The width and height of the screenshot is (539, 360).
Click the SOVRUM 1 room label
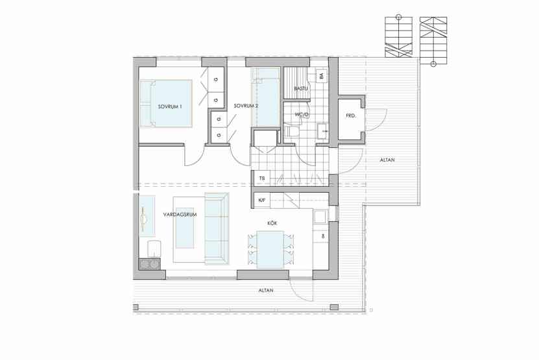click(x=170, y=106)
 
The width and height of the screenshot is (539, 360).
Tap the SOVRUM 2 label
click(x=246, y=106)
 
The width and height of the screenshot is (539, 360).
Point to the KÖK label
click(x=272, y=224)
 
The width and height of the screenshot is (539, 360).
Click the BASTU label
click(x=300, y=89)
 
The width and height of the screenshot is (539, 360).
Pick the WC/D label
click(x=302, y=115)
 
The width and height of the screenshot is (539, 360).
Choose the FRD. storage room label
click(x=351, y=116)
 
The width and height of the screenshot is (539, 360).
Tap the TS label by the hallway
click(x=262, y=178)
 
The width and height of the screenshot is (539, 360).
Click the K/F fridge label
click(x=262, y=200)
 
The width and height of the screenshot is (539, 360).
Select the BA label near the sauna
click(x=322, y=76)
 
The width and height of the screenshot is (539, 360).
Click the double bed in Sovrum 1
click(x=166, y=104)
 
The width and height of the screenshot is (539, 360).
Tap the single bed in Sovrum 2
click(x=265, y=97)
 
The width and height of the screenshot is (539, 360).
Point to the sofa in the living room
click(x=217, y=228)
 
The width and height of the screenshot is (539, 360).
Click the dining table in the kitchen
click(x=270, y=250)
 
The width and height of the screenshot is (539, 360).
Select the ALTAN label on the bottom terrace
click(x=266, y=291)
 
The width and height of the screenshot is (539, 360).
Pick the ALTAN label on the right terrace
click(x=387, y=160)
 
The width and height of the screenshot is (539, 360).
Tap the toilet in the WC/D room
click(x=291, y=131)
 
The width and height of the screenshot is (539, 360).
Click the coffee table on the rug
click(x=185, y=228)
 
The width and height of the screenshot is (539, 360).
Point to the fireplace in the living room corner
click(x=150, y=264)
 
